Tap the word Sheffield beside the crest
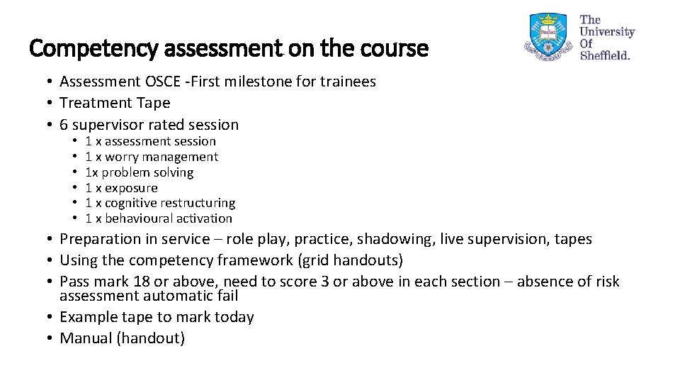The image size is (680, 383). click(x=604, y=55)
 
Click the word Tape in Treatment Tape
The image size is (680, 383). click(x=154, y=103)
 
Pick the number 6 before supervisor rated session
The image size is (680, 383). click(x=64, y=125)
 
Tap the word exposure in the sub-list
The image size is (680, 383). click(x=131, y=188)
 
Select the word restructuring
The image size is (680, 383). click(x=200, y=203)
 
